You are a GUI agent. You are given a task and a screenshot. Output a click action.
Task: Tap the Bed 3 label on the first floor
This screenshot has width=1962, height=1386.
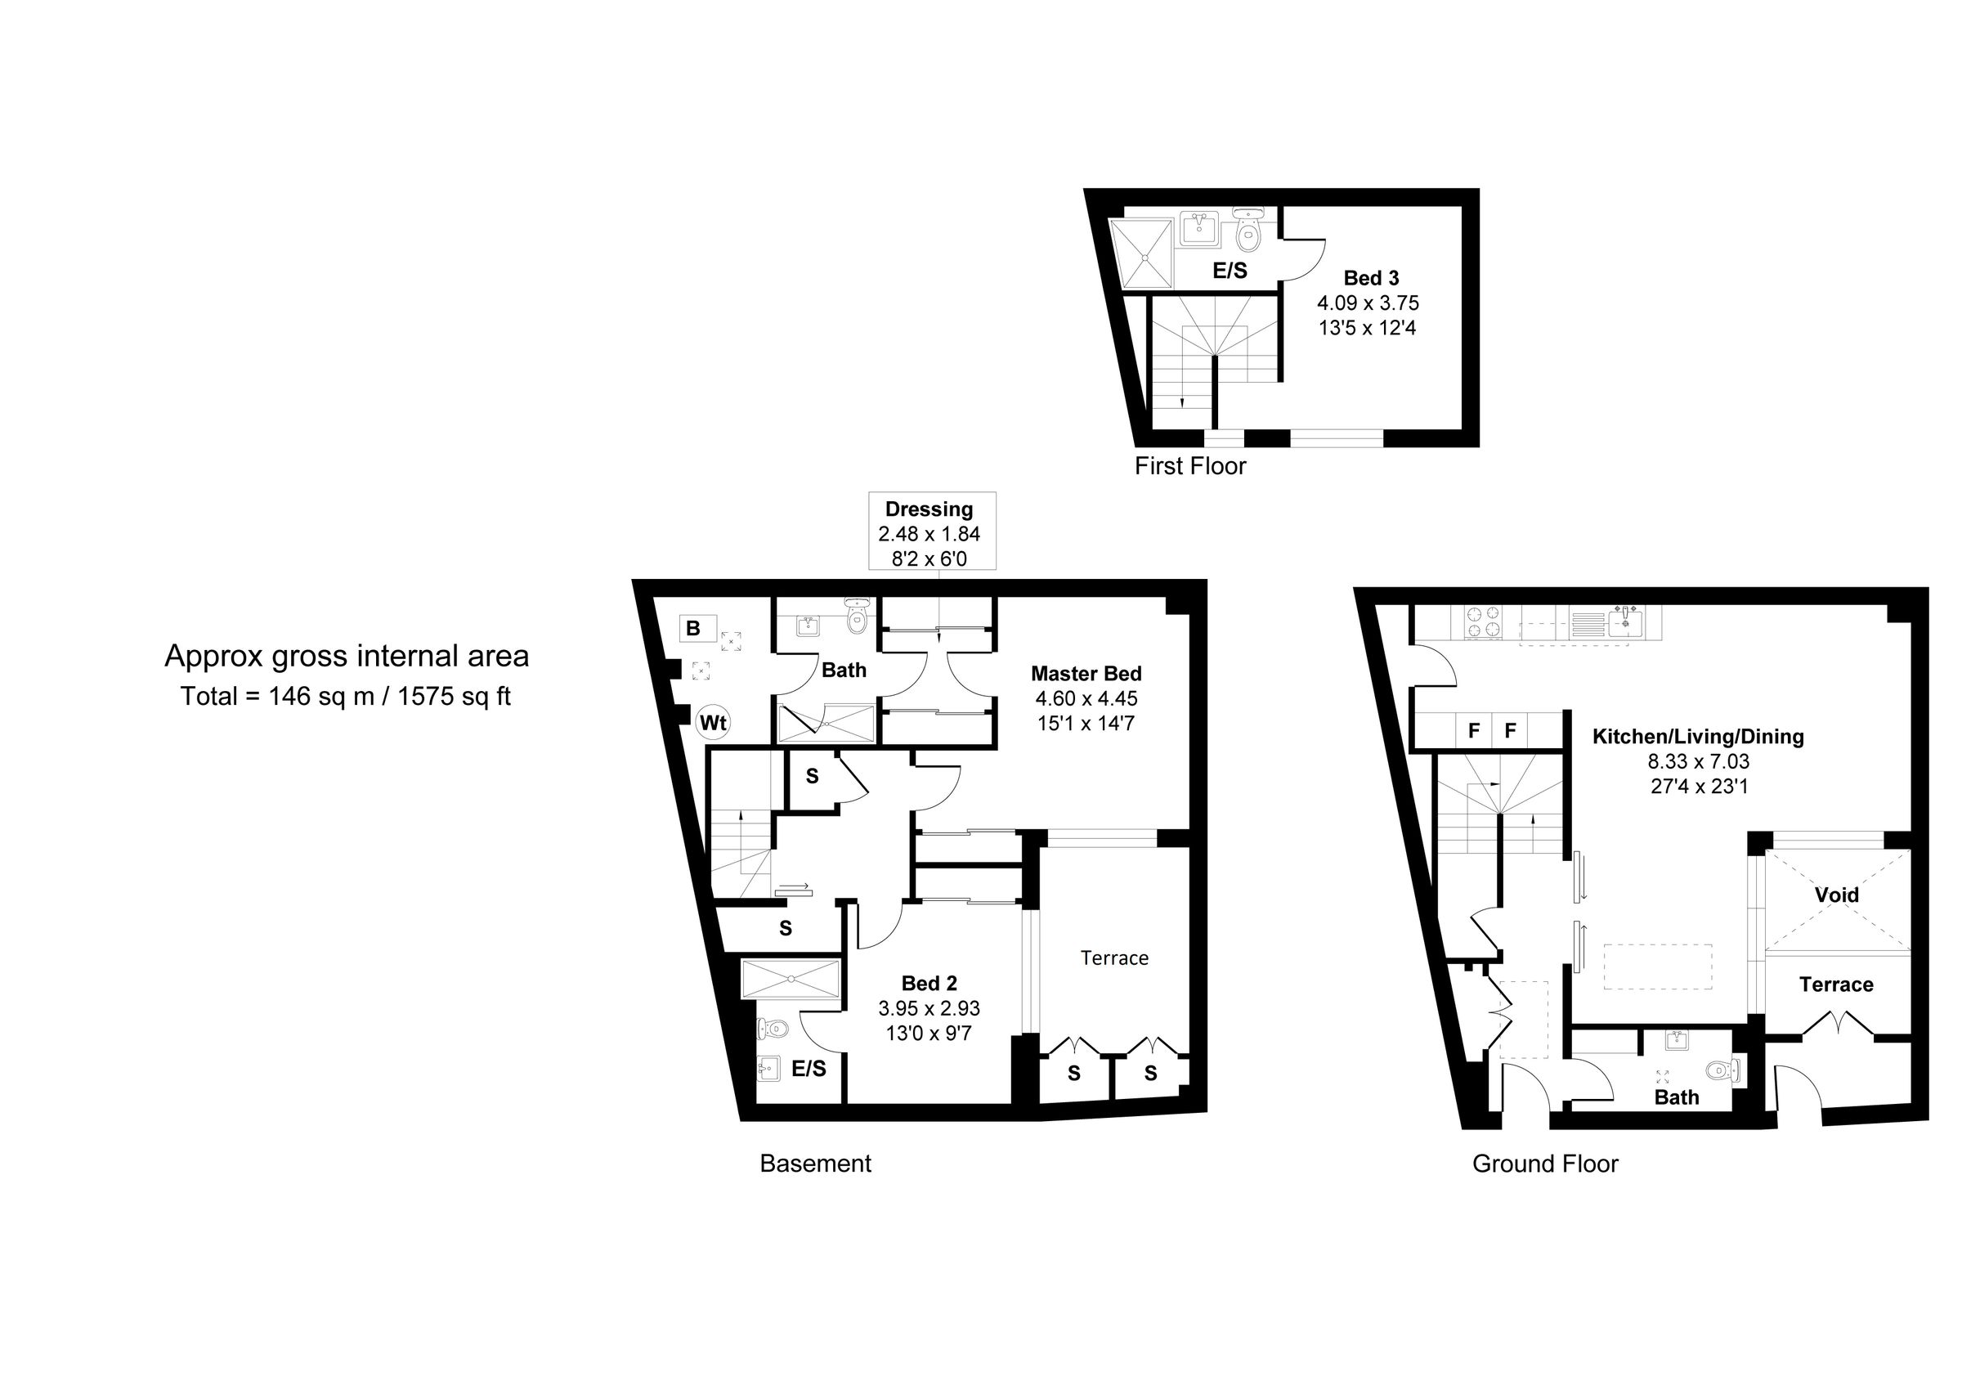(1371, 278)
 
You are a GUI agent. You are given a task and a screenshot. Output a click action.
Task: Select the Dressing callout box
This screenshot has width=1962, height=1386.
(931, 532)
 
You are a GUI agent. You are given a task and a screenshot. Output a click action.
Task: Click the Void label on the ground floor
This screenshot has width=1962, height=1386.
(1836, 895)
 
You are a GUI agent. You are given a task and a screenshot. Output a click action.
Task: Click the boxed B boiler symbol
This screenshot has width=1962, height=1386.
(694, 629)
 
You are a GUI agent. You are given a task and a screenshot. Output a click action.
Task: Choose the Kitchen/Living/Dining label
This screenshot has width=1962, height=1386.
(1697, 737)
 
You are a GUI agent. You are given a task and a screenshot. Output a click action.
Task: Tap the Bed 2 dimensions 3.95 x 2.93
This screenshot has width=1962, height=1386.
(929, 1009)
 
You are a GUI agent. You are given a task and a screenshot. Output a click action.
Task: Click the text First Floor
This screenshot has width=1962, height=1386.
(1189, 467)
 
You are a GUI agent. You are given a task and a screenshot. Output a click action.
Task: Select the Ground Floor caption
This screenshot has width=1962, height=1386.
(1545, 1164)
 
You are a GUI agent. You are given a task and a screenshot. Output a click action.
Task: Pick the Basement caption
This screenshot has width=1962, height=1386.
(815, 1164)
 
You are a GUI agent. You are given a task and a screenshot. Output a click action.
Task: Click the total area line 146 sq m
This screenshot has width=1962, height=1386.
(345, 697)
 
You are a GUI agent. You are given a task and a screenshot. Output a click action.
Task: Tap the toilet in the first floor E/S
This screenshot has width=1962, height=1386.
(1248, 232)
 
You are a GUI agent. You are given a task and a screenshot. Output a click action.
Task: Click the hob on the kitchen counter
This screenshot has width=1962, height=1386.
(1483, 621)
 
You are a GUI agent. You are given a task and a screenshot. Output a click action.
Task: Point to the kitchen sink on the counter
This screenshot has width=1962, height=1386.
(1624, 621)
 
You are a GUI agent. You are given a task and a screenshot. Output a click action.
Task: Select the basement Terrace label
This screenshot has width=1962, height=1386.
(1113, 958)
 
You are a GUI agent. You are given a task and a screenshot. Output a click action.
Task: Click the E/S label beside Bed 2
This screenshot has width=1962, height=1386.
(809, 1069)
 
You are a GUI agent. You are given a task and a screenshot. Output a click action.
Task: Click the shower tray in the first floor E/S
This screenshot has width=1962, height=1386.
(1140, 253)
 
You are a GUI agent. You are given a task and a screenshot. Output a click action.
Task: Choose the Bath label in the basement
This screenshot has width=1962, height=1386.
(844, 671)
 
